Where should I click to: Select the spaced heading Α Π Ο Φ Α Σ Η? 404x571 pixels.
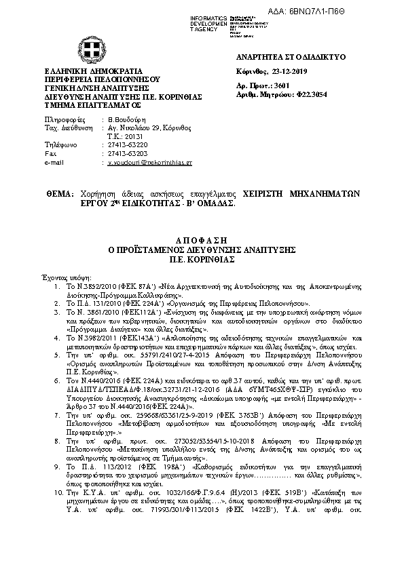pyautogui.click(x=202, y=241)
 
